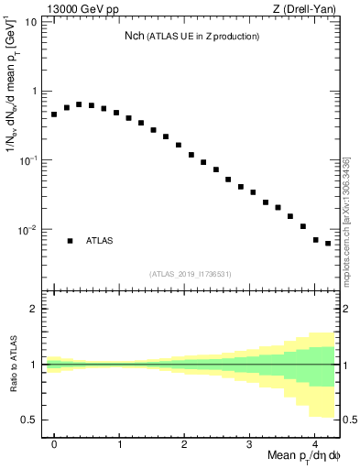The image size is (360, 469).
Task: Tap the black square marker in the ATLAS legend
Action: (x=70, y=241)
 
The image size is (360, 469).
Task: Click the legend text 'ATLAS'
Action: (x=100, y=241)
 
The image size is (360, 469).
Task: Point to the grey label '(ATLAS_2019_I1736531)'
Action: (x=191, y=274)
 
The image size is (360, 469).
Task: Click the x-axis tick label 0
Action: (x=54, y=443)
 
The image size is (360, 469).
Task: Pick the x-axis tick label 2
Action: (x=184, y=443)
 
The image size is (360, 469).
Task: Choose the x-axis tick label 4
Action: (x=314, y=443)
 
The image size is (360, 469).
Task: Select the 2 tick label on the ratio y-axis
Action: (x=33, y=309)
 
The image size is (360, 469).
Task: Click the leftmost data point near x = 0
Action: (x=54, y=115)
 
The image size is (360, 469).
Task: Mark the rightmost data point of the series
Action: (x=328, y=244)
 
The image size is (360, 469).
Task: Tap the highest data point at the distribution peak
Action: (x=79, y=104)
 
